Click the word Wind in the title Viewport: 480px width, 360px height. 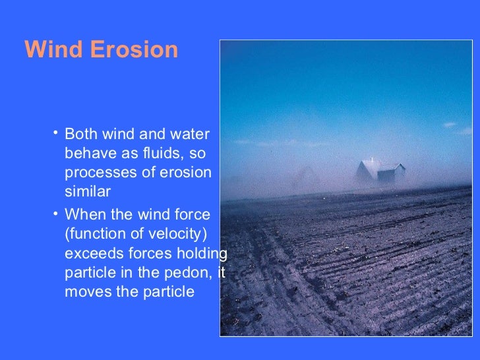[53, 50]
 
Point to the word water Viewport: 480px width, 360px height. [189, 135]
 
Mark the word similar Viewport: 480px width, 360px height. [88, 192]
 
